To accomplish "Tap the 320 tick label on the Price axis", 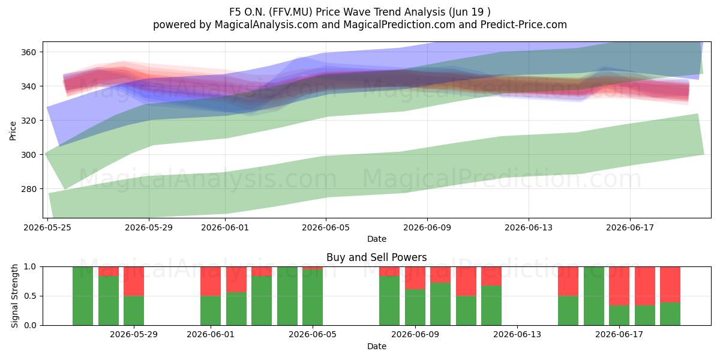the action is tap(29, 121).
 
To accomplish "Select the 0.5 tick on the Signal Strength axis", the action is tap(30, 296).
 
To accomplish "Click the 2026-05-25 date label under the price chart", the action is tap(47, 227).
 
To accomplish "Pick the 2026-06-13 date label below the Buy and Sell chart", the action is tap(517, 335).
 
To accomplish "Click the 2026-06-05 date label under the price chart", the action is tap(326, 227).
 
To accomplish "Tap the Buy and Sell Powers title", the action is tap(376, 257).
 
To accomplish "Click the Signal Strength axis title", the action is tap(14, 296).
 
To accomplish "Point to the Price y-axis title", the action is tap(13, 131).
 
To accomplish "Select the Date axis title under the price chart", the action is tap(377, 239).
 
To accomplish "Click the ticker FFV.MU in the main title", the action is tap(290, 12).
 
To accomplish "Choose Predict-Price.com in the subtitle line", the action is tap(524, 25).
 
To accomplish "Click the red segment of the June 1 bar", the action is tap(211, 281).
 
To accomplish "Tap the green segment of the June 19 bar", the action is tap(670, 314).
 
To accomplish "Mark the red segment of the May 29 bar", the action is tap(134, 281).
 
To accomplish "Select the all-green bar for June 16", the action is tap(594, 296).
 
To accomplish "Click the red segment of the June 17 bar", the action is tap(619, 286).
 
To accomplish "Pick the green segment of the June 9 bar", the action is tap(415, 307).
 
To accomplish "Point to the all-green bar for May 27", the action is tap(83, 296).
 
